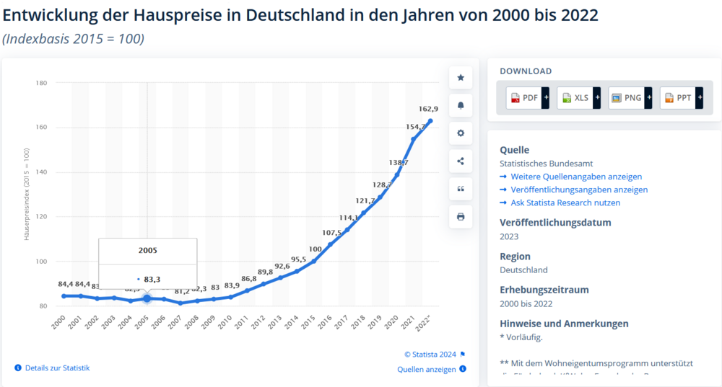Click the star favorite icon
point(461,78)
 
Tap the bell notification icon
point(461,105)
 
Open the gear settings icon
point(461,133)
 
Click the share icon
point(461,161)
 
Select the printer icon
point(461,216)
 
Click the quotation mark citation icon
point(461,189)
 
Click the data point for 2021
point(414,139)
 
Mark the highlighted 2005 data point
point(147,298)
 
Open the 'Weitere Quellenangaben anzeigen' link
point(575,177)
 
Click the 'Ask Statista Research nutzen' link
point(565,203)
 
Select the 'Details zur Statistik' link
point(57,368)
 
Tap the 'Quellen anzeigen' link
point(427,370)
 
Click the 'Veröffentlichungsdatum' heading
point(555,222)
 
